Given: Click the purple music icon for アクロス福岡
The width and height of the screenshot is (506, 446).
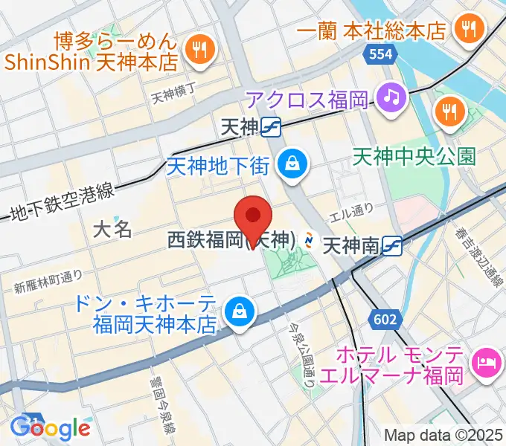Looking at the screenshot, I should point(389,95).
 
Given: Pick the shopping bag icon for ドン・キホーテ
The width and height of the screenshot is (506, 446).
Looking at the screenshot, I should point(240,311).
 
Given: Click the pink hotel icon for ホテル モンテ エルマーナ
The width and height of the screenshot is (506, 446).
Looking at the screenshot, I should point(487,362).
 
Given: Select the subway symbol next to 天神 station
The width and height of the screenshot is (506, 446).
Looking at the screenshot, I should point(271,128).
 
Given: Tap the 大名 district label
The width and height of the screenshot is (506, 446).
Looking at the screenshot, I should point(112,230).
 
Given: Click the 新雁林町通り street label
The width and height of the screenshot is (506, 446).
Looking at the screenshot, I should point(48,282).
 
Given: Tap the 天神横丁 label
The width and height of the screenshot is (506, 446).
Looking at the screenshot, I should point(173,94).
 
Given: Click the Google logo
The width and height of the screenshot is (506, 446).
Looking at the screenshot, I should point(50,427).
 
